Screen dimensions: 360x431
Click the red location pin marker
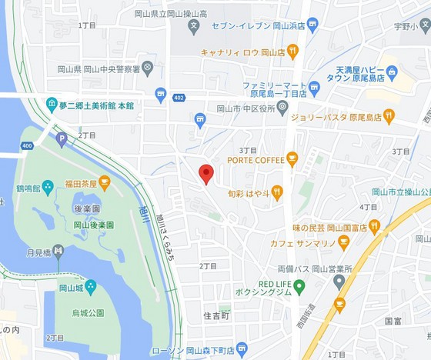click(205, 173)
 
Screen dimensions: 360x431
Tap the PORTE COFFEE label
click(256, 159)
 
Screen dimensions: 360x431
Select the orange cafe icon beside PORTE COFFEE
click(292, 159)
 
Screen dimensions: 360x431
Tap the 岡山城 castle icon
click(91, 287)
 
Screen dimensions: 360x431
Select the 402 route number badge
click(179, 97)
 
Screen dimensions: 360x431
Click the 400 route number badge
click(27, 145)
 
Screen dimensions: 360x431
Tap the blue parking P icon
click(62, 140)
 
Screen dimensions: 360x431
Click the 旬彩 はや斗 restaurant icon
click(277, 192)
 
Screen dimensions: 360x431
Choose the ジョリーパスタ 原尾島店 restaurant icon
click(389, 117)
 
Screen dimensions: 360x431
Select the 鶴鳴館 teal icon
click(48, 185)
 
